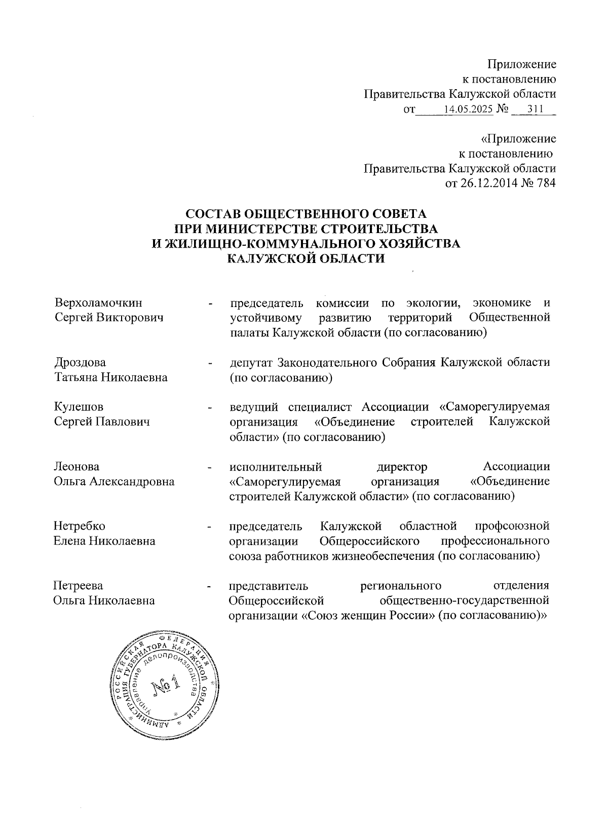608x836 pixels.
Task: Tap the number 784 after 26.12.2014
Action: (x=545, y=183)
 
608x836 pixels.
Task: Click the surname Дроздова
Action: (x=80, y=363)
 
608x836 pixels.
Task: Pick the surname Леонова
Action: (x=77, y=467)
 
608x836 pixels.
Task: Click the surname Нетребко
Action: (x=80, y=526)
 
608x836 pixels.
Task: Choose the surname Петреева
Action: (x=79, y=586)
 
